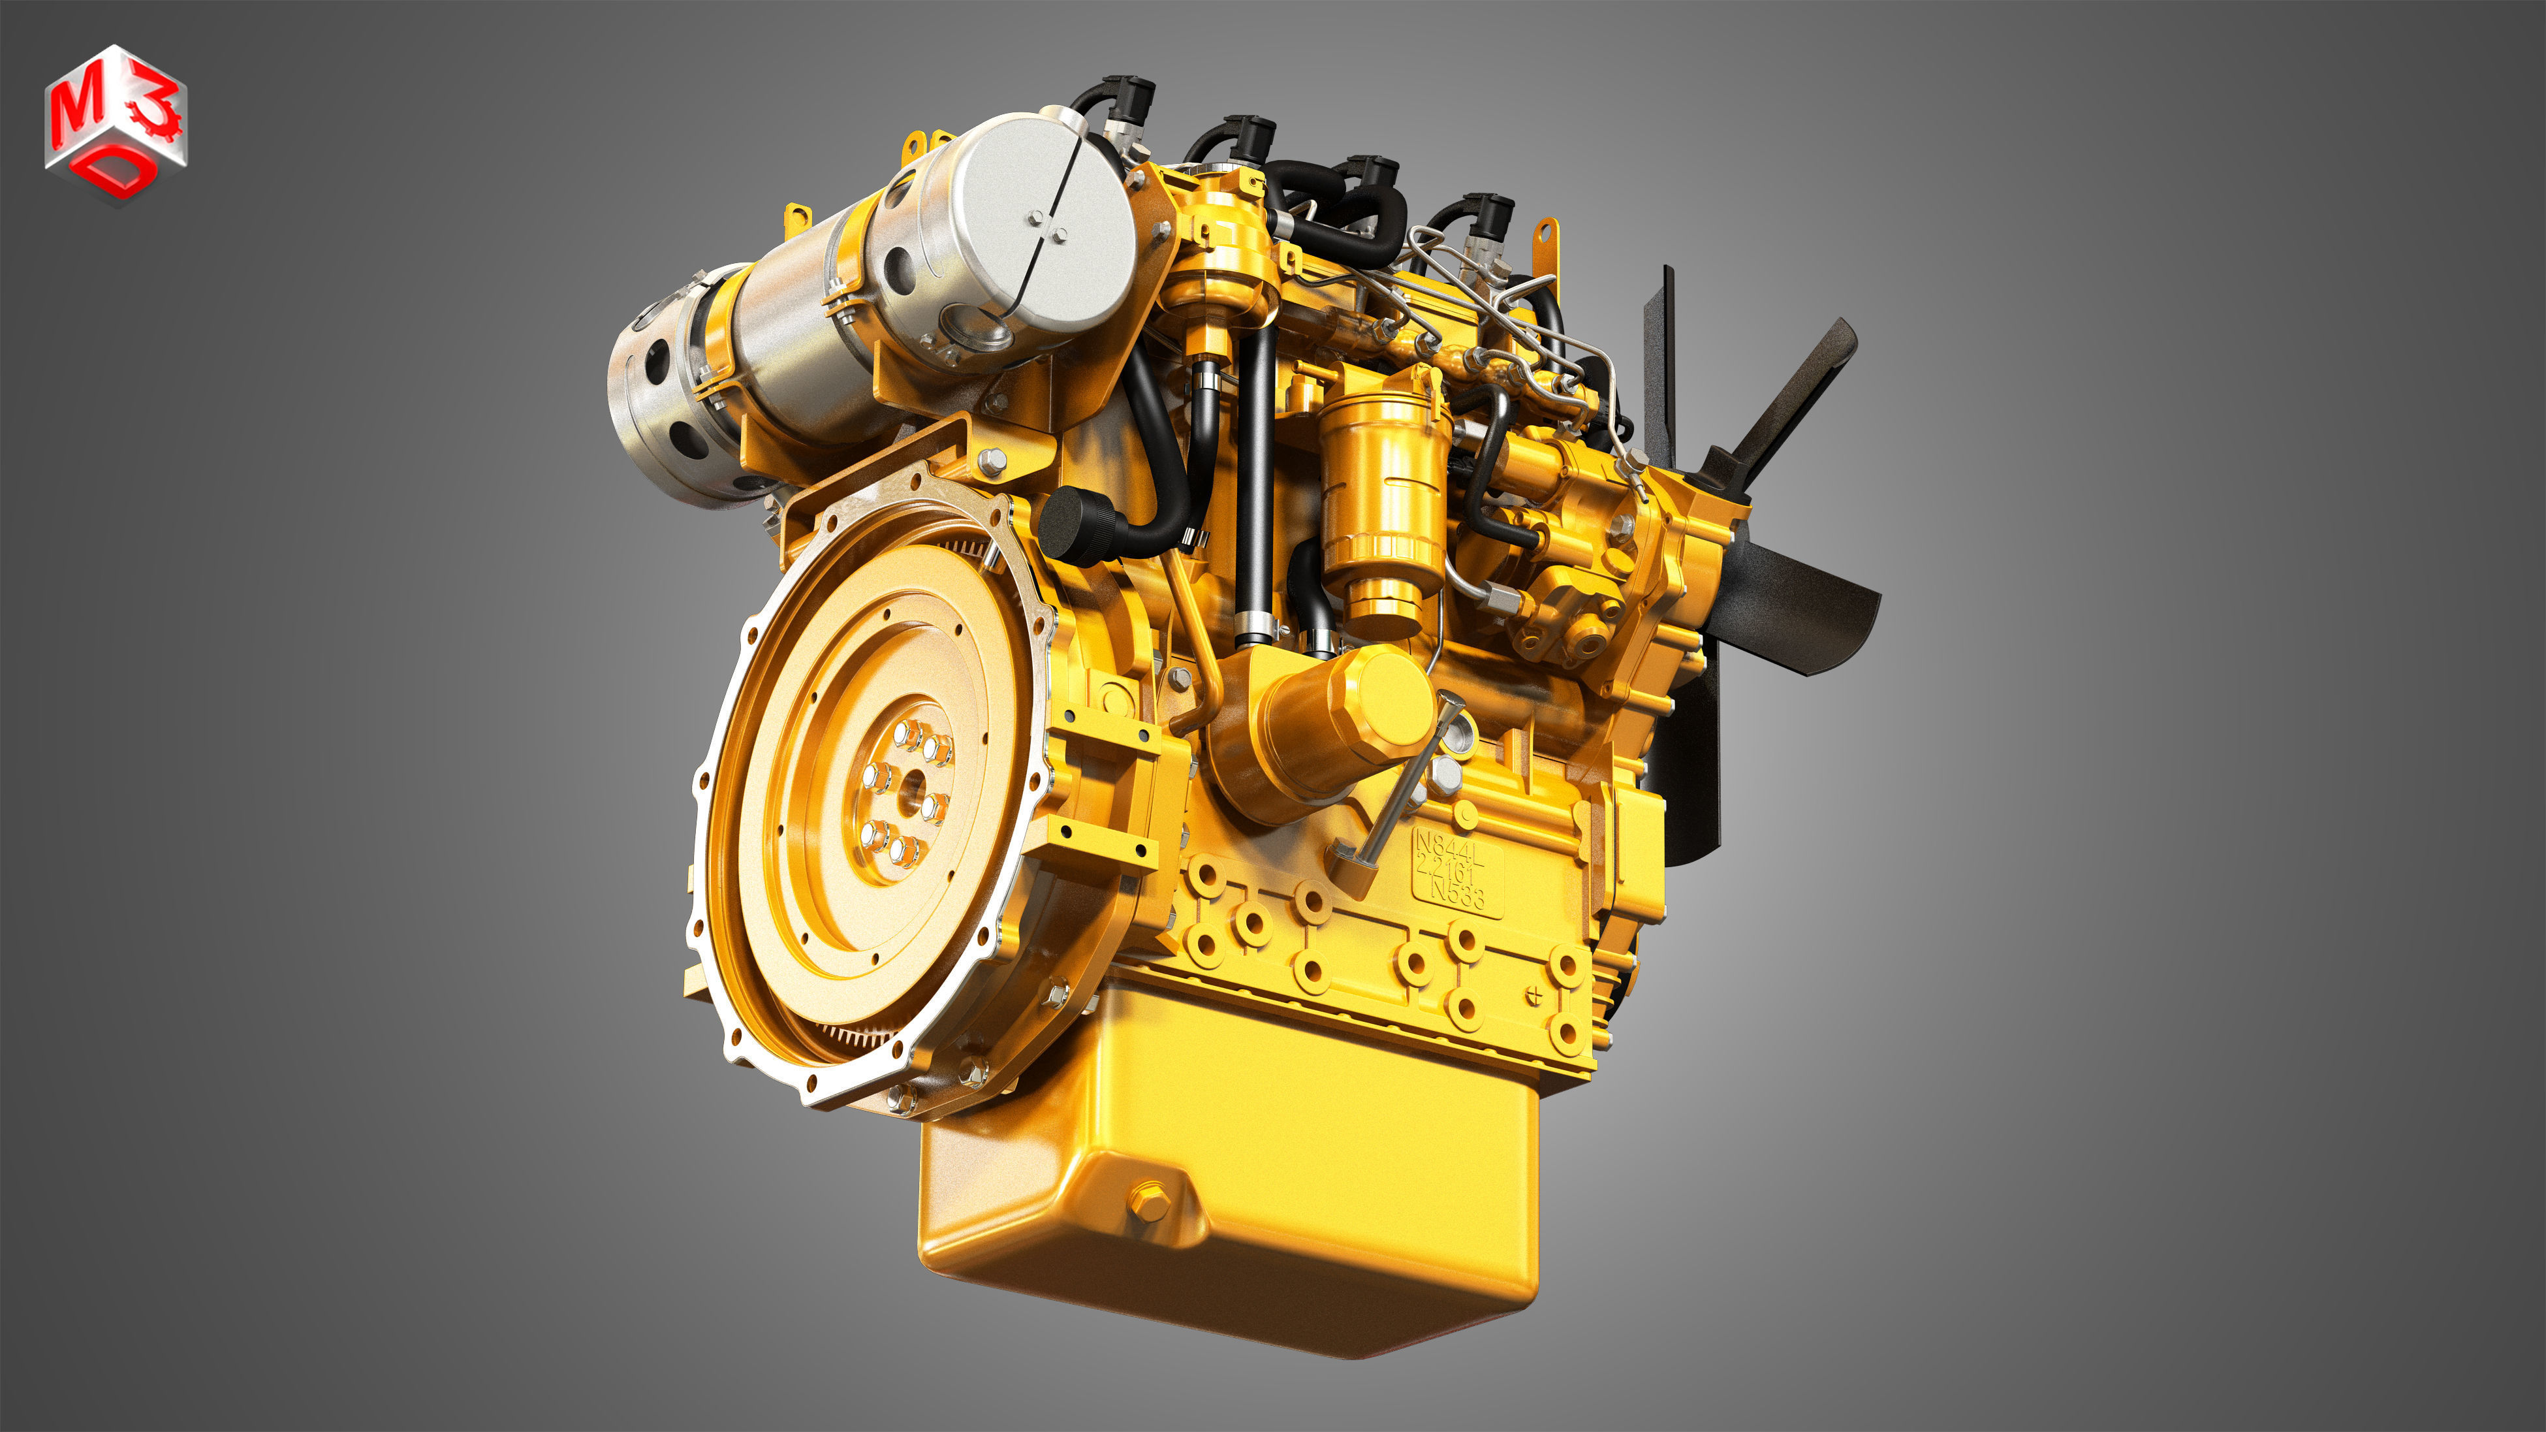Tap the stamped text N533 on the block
[1457, 895]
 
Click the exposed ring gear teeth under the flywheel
[860, 1038]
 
